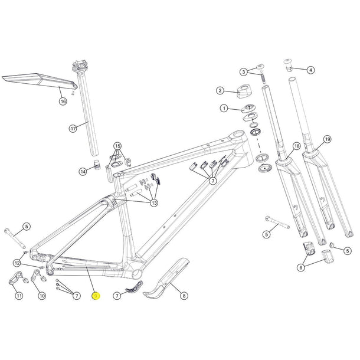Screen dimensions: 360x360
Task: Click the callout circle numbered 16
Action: coord(63,102)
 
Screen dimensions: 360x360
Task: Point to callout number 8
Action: coord(184,295)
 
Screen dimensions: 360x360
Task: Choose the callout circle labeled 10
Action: coord(41,295)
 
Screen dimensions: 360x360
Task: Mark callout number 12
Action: coord(18,263)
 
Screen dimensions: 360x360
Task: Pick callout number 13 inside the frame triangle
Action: coord(154,203)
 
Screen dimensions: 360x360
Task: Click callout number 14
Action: coord(83,171)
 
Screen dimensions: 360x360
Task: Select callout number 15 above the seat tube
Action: coord(117,146)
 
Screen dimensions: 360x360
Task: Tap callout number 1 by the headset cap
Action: coord(224,109)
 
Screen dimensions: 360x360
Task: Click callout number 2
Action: coord(220,90)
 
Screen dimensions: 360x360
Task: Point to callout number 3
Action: coord(243,72)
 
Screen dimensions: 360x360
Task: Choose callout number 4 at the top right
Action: coord(310,70)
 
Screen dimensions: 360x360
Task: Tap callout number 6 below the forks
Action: coord(301,267)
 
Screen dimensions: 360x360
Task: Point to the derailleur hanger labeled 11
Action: coord(15,279)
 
